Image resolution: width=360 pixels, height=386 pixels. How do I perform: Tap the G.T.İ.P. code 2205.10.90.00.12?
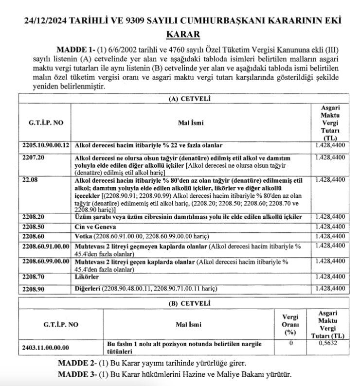pyautogui.click(x=47, y=145)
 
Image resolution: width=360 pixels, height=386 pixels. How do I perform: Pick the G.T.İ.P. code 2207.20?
pyautogui.click(x=34, y=158)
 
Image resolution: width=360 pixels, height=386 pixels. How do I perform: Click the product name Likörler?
pyautogui.click(x=88, y=276)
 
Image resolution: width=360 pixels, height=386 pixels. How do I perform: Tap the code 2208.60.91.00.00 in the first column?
pyautogui.click(x=46, y=246)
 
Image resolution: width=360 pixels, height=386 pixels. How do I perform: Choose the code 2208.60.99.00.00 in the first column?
pyautogui.click(x=46, y=262)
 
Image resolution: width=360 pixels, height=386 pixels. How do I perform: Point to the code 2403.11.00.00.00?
pyautogui.click(x=46, y=347)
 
